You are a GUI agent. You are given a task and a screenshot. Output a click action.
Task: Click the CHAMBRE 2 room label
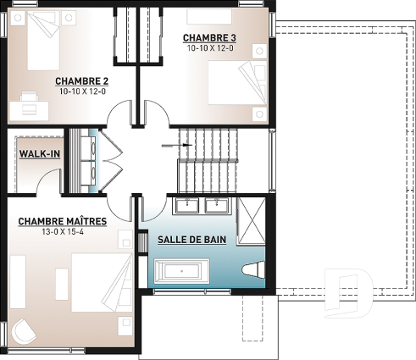pos(83,80)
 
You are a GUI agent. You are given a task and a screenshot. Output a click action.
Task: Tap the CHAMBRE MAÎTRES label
pos(62,222)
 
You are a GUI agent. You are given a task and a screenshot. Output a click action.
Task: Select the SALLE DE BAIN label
pos(191,241)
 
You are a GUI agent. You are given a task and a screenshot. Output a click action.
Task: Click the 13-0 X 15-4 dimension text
pos(61,233)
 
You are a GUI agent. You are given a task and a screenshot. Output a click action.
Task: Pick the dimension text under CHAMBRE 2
pos(83,91)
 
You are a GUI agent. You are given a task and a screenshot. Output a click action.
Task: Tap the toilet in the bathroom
pos(251,271)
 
